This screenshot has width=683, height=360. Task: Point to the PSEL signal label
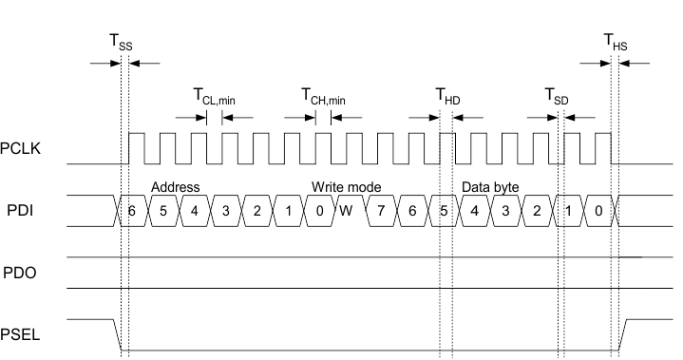21,333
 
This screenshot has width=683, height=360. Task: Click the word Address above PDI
175,187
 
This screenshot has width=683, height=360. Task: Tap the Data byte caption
490,187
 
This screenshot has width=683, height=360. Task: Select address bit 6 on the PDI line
132,210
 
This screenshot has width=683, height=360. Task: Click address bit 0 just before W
319,210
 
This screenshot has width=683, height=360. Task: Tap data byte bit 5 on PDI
443,210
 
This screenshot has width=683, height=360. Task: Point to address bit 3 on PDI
225,210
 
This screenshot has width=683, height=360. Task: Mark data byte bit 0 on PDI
598,210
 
